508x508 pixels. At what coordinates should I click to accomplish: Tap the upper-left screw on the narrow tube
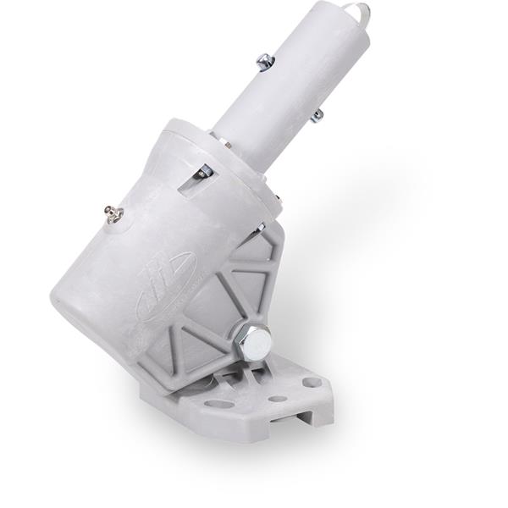click(x=265, y=61)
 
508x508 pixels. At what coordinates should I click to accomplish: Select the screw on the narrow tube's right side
click(x=317, y=116)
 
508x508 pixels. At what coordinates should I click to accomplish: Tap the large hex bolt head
click(x=254, y=342)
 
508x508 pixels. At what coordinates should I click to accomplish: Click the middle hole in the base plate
click(x=278, y=398)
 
